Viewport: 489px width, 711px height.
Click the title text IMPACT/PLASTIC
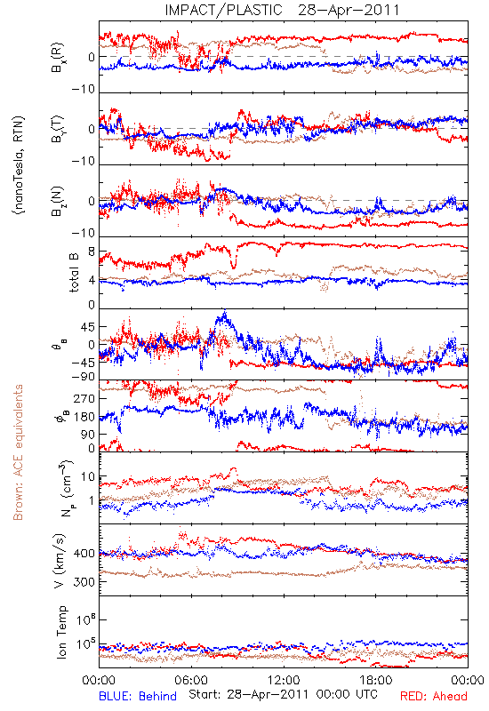coord(223,10)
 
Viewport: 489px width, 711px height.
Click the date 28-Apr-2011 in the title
coord(349,10)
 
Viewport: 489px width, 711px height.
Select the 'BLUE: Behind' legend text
coord(138,696)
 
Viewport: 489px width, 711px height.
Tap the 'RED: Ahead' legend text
coord(433,696)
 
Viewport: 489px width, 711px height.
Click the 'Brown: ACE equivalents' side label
coord(18,452)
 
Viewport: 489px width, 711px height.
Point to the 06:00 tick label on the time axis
coord(191,680)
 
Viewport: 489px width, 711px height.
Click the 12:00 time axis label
coord(284,680)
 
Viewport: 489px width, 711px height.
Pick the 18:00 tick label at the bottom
coord(376,680)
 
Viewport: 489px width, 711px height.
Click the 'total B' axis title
coord(74,273)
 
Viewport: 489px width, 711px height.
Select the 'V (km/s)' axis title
coord(60,560)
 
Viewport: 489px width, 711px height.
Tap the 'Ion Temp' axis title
coord(61,632)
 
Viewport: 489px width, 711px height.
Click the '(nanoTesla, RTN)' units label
coord(19,165)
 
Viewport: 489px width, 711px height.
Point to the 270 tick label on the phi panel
coord(85,398)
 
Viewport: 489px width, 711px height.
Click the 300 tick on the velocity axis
coord(84,582)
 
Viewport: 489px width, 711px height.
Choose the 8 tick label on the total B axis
coord(92,252)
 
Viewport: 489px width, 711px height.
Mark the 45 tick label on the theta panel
coord(88,327)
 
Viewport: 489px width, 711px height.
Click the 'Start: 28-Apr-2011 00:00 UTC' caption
coord(283,695)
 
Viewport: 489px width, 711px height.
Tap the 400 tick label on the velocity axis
coord(84,554)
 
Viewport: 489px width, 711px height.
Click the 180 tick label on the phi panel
coord(85,417)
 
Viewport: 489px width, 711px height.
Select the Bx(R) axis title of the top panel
coord(58,57)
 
